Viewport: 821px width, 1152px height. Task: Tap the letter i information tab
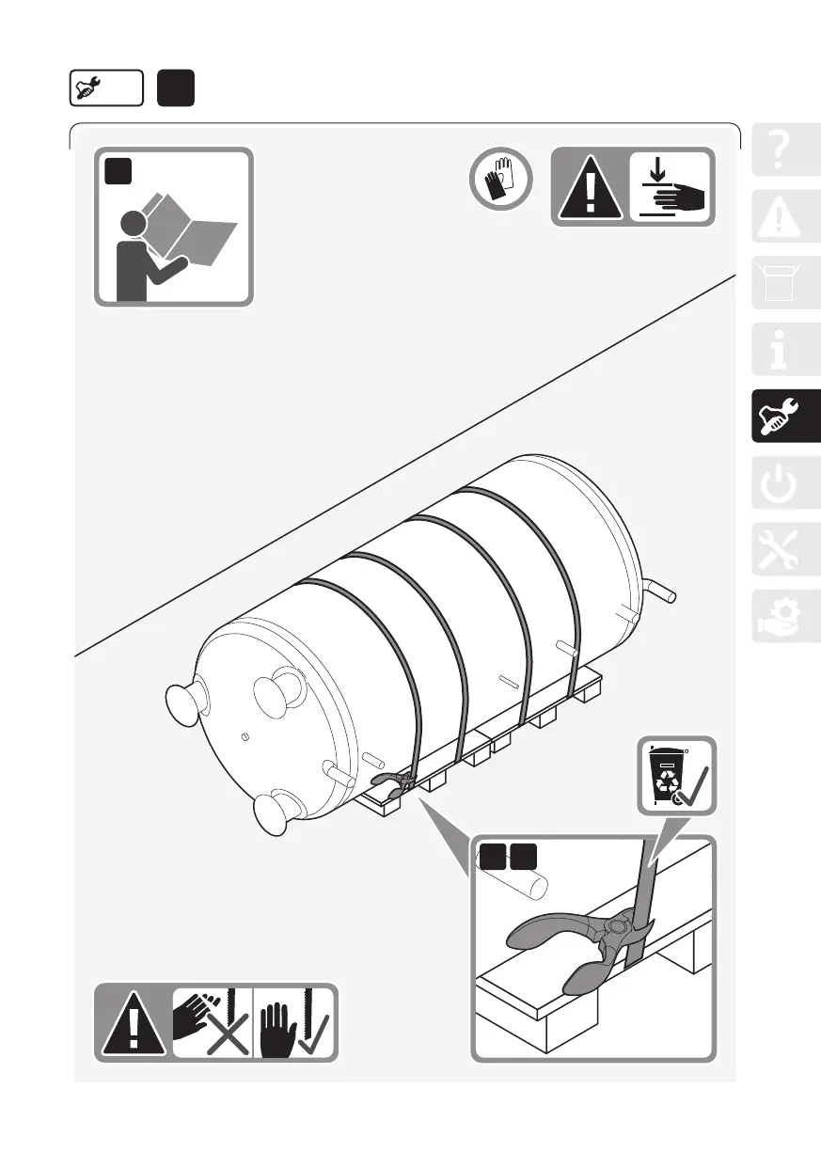click(x=786, y=349)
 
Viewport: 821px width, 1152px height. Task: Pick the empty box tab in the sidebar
click(x=786, y=282)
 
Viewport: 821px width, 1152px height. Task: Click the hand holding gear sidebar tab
click(x=786, y=617)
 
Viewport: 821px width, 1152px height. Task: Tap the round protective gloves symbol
click(x=501, y=179)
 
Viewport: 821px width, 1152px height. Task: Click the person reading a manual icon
click(x=173, y=227)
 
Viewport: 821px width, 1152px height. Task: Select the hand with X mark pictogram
click(x=211, y=1023)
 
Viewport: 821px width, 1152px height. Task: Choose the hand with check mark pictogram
click(x=293, y=1023)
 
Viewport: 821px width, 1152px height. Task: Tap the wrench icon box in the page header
click(x=105, y=88)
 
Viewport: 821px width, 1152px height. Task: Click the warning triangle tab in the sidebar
click(x=786, y=217)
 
